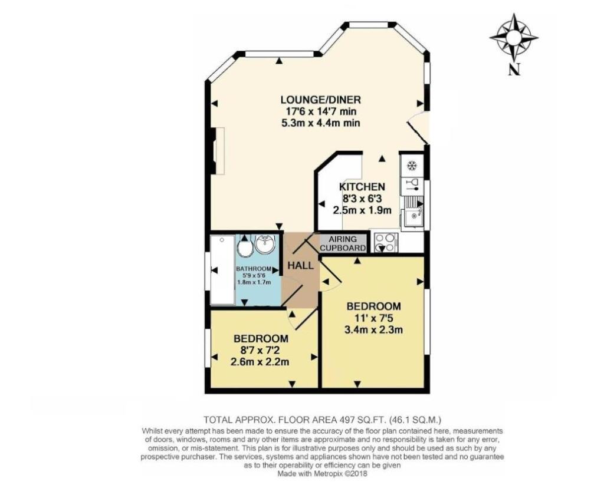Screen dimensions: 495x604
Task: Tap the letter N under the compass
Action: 514,70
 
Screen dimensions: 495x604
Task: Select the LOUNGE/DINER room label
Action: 320,99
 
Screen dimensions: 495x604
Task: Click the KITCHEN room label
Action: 362,187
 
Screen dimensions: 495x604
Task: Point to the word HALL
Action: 300,265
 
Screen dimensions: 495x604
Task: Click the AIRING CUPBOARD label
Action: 343,243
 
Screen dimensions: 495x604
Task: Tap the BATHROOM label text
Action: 253,269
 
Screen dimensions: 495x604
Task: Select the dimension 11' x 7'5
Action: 374,319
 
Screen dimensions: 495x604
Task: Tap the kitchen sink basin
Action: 412,217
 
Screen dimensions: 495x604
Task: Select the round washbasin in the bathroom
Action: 265,242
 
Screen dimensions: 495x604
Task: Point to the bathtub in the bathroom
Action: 222,269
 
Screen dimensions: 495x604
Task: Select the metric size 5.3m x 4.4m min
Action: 320,123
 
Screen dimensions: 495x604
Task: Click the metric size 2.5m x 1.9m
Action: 362,209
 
